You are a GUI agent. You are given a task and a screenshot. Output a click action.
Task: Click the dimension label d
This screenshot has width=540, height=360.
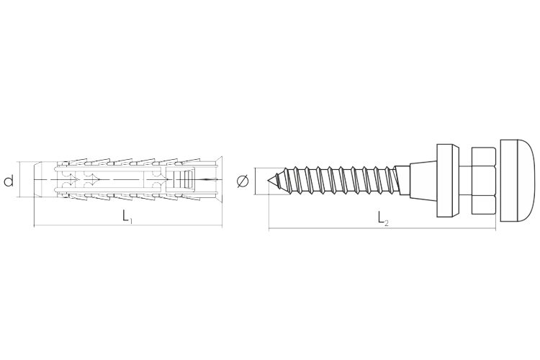pyautogui.click(x=9, y=180)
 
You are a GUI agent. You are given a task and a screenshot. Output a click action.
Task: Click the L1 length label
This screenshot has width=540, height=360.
pyautogui.click(x=127, y=216)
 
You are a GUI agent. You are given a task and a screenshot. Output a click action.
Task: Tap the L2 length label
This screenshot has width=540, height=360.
pyautogui.click(x=382, y=218)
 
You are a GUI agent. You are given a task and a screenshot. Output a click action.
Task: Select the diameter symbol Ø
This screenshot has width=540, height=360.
pyautogui.click(x=243, y=181)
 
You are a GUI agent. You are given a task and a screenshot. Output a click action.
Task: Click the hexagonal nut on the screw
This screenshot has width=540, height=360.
pyautogui.click(x=483, y=181)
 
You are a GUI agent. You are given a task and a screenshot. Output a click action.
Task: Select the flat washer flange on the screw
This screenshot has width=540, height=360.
pyautogui.click(x=448, y=181)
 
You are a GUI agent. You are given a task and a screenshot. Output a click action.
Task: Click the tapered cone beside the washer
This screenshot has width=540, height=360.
pyautogui.click(x=423, y=181)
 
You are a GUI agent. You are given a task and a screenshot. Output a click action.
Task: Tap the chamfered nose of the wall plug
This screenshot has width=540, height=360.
pyautogui.click(x=38, y=180)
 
